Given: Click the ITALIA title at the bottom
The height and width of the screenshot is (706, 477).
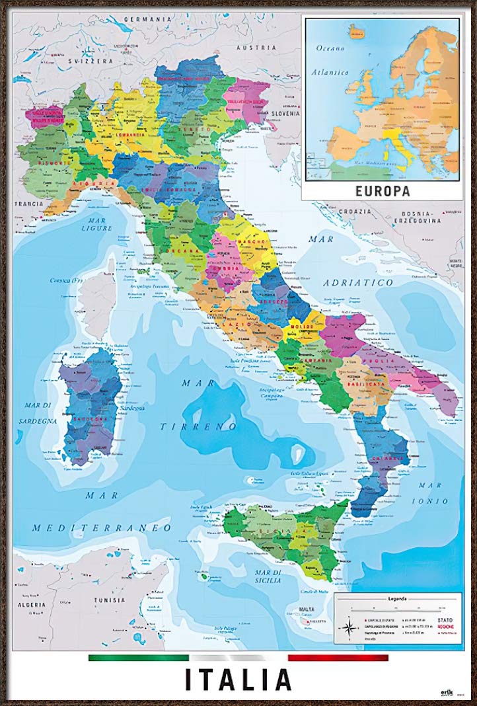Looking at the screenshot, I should pyautogui.click(x=238, y=680).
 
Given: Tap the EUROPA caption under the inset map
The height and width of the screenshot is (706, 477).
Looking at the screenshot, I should pyautogui.click(x=383, y=192).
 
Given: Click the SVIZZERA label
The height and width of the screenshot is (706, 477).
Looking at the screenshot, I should pyautogui.click(x=92, y=59).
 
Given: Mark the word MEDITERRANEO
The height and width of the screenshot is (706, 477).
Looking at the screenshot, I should pyautogui.click(x=102, y=528).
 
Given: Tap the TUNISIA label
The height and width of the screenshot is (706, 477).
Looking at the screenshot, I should pyautogui.click(x=109, y=600).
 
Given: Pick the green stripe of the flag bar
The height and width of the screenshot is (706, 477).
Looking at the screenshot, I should pyautogui.click(x=138, y=658).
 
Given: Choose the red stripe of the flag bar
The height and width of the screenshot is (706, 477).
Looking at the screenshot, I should pyautogui.click(x=338, y=658).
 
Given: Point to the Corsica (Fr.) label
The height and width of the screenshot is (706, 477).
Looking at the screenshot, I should pyautogui.click(x=74, y=280).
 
